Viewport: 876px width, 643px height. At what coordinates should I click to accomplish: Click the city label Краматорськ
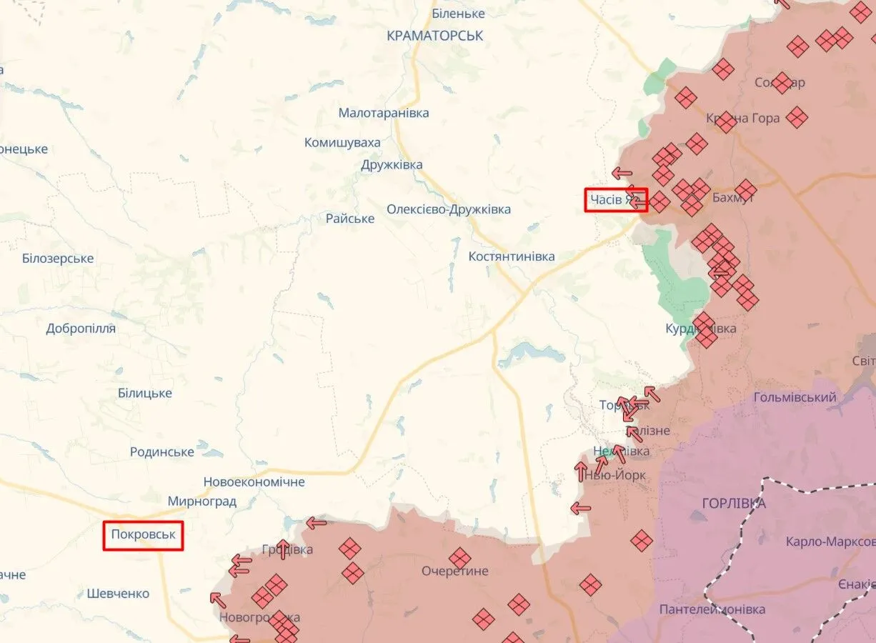(434, 35)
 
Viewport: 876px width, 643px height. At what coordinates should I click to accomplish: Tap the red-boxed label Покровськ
(143, 534)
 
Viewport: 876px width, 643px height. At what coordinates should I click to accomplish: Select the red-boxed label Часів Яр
(616, 200)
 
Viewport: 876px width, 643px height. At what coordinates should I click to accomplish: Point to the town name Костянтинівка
(512, 256)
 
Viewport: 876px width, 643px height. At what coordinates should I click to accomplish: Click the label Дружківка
(392, 165)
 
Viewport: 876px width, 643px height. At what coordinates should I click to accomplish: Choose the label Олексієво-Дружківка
(449, 209)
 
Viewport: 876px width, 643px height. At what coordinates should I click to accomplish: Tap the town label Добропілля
(81, 329)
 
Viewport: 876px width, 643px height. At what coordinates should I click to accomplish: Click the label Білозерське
(58, 259)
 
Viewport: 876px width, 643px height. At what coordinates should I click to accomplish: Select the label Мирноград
(202, 502)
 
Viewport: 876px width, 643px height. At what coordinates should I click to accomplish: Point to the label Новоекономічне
(254, 482)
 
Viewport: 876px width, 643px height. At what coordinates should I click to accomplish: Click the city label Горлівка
(734, 504)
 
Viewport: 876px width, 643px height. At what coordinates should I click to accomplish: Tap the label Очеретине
(455, 571)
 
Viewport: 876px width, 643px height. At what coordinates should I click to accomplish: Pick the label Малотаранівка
(384, 113)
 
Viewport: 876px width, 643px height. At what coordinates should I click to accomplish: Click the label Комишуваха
(342, 143)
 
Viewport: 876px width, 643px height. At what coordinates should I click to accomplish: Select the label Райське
(350, 219)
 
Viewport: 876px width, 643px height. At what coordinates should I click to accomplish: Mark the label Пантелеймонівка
(712, 609)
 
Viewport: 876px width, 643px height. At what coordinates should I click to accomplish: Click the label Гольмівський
(795, 397)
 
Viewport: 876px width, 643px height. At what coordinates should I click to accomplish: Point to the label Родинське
(162, 452)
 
